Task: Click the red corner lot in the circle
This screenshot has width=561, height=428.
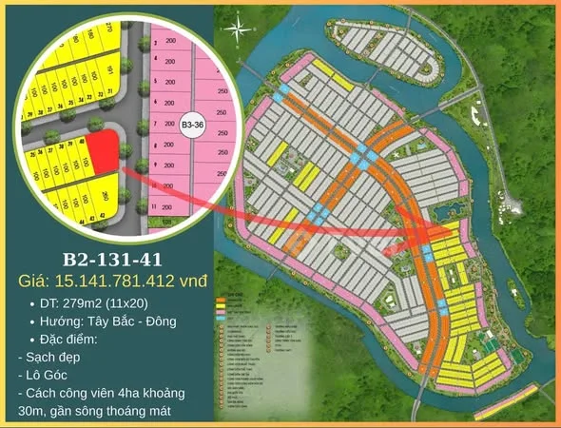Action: (x=106, y=153)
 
